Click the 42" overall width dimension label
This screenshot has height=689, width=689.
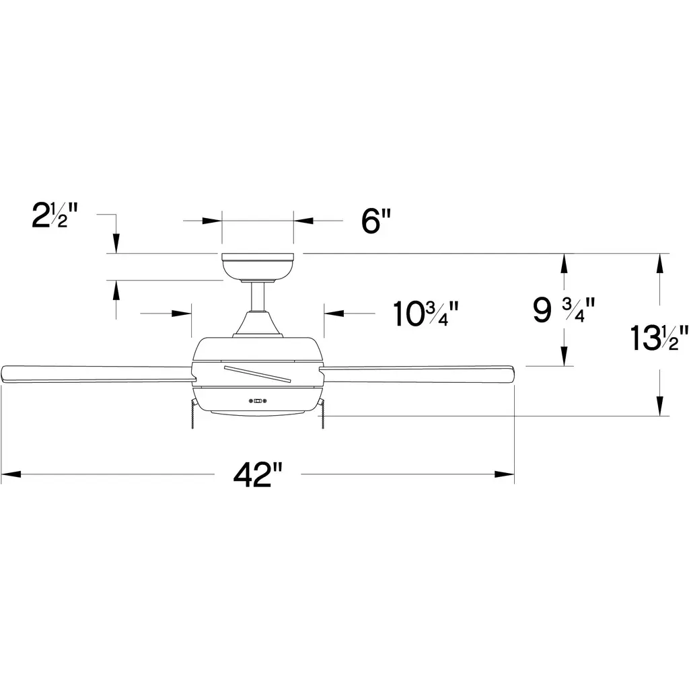point(258,475)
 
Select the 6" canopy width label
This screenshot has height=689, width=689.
point(375,221)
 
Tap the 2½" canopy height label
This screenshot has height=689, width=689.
point(55,215)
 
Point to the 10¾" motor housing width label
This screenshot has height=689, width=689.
point(425,314)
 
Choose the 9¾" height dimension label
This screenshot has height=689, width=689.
point(564,310)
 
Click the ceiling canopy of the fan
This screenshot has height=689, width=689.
point(258,267)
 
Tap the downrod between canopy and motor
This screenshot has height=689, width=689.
point(258,297)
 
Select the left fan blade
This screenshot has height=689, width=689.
point(98,373)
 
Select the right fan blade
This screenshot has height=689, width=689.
point(417,374)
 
